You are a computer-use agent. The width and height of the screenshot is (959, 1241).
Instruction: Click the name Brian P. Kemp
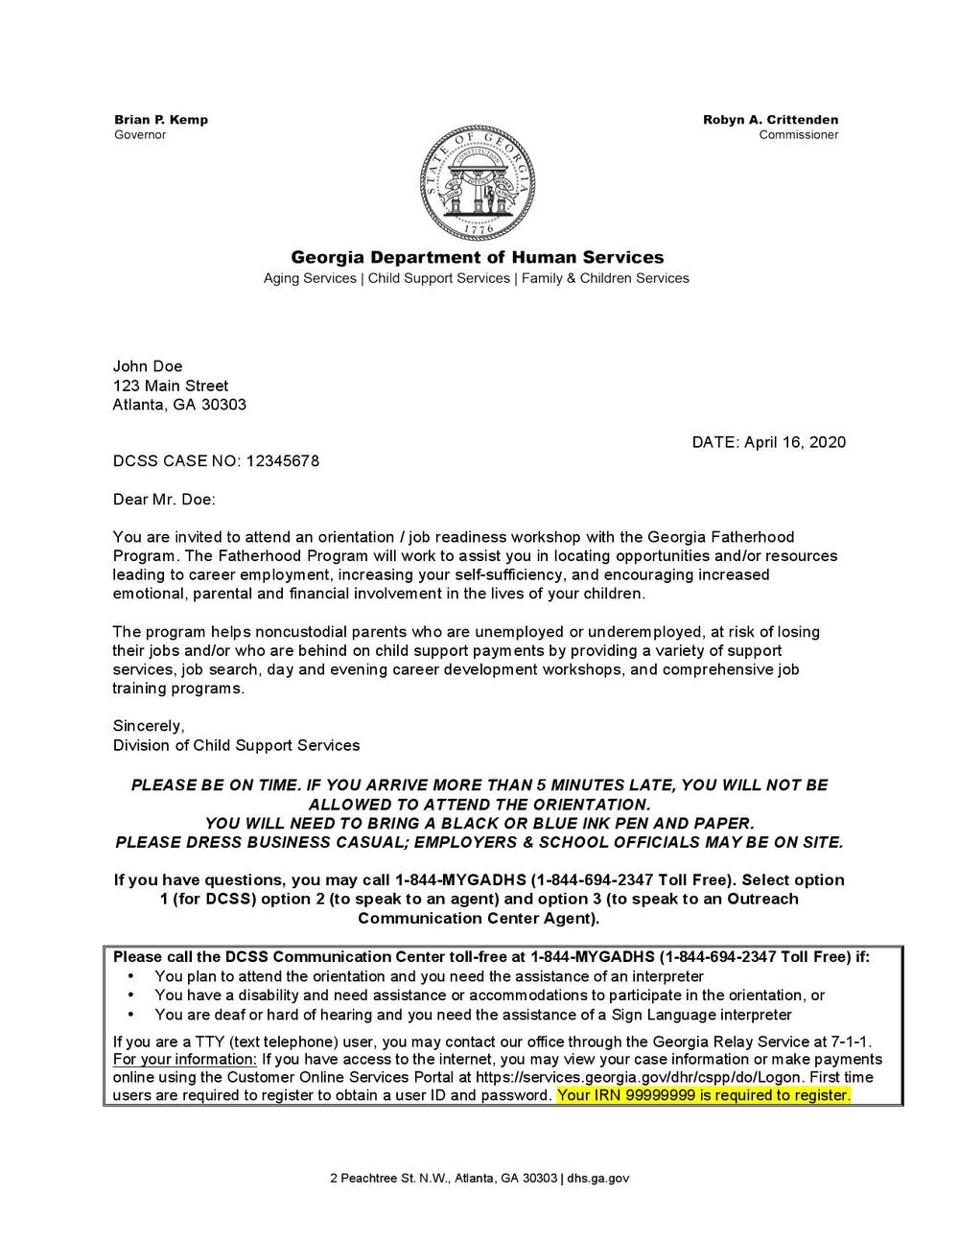pos(161,120)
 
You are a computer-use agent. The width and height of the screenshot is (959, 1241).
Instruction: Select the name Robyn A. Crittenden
pos(770,120)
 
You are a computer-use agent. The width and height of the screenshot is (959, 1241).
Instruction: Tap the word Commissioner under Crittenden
pos(799,135)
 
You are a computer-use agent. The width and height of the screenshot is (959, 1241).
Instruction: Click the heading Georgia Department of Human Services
pos(477,257)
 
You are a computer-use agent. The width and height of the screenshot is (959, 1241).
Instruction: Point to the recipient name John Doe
pos(148,366)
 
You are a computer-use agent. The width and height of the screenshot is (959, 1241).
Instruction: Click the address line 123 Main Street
pos(171,386)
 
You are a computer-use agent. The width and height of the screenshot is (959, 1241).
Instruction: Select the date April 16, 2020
pos(795,442)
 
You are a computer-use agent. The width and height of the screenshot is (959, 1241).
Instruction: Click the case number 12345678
pos(283,461)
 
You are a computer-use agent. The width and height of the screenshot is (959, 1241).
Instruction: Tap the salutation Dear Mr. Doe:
pos(164,500)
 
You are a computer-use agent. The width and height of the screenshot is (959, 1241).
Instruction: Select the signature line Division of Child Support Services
pos(236,745)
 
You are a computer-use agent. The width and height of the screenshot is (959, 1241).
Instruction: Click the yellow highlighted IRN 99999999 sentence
pos(703,1095)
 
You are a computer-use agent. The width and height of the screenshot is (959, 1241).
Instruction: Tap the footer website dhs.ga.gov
pos(598,1178)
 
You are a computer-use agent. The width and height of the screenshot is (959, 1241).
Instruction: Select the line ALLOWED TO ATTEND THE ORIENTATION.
pos(479,804)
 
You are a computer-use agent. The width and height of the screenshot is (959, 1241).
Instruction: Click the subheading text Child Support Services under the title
pos(439,278)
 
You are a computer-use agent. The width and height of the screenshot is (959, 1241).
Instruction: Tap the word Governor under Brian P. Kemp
pos(140,135)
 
